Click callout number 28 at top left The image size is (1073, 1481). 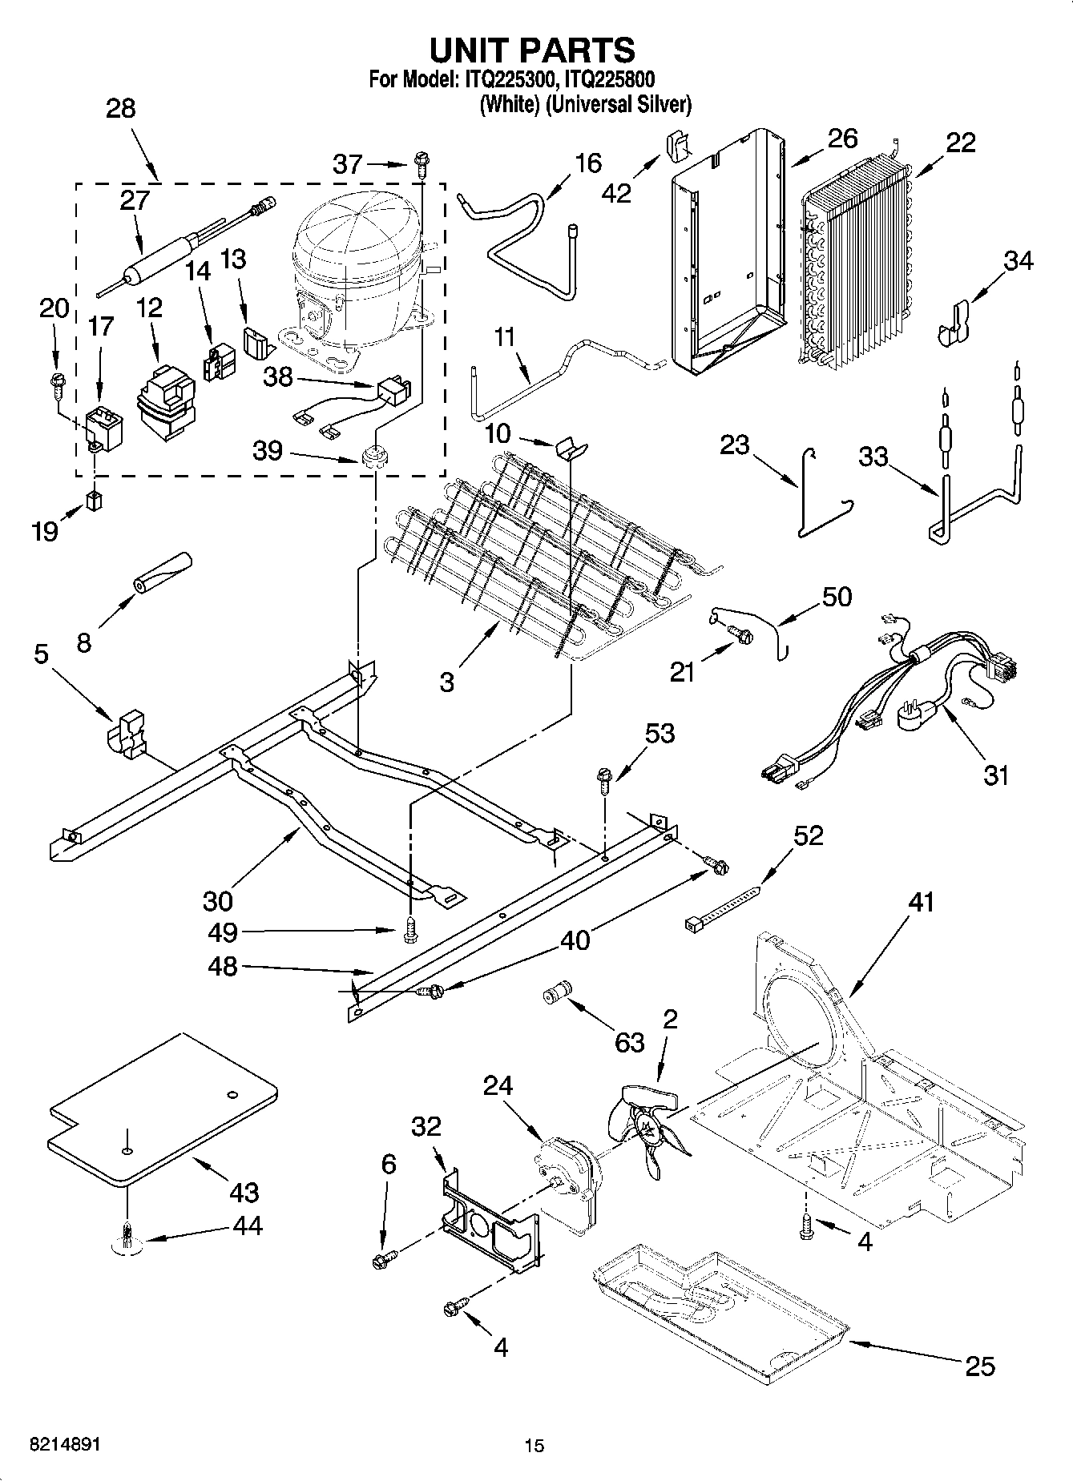coord(120,108)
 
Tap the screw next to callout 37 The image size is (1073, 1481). coord(420,164)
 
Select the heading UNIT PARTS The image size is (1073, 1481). coord(533,50)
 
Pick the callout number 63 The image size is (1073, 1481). coord(630,1043)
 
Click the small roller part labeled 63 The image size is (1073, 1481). coord(555,993)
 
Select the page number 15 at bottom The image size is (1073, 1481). coord(534,1446)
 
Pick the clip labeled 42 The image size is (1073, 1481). coord(678,147)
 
